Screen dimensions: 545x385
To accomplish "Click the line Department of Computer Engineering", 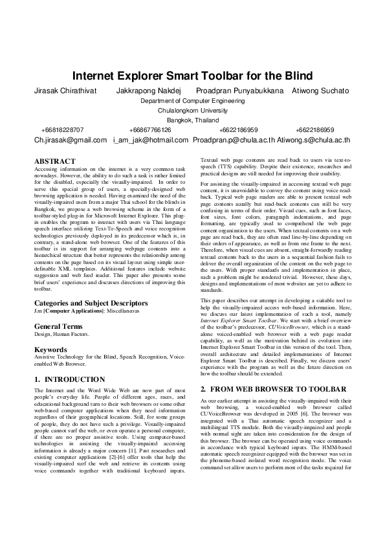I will [192, 101].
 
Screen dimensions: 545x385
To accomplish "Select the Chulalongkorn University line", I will [192, 111].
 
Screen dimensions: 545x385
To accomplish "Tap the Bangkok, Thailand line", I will [192, 120].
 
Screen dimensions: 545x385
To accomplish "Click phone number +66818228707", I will [62, 130].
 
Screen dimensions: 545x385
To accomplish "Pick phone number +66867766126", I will [150, 130].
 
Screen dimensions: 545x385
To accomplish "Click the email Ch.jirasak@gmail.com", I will [71, 140].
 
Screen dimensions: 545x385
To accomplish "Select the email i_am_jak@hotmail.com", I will [151, 140].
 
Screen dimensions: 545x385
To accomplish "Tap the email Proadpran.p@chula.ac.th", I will [234, 140].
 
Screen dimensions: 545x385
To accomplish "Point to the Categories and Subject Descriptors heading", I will [91, 303].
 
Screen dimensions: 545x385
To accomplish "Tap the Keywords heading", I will [50, 350].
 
